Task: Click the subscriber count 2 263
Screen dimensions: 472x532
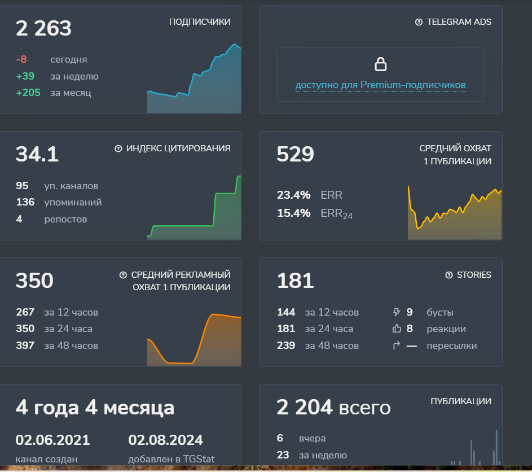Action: point(43,28)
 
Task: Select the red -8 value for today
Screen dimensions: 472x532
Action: point(21,59)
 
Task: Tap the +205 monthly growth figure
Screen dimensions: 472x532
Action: point(28,93)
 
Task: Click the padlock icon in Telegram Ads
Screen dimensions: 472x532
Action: point(381,64)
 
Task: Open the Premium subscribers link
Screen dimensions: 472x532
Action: point(380,85)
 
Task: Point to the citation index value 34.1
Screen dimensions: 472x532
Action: point(37,154)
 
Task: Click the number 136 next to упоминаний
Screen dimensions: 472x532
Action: point(25,202)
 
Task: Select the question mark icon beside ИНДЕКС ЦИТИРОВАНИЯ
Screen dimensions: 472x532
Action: point(118,148)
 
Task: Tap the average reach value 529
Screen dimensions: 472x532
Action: point(295,154)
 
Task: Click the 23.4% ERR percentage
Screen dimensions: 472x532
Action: point(293,195)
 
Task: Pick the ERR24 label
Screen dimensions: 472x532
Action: point(336,213)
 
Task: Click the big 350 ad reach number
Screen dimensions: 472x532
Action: point(34,281)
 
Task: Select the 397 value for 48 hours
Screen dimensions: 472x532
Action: point(25,346)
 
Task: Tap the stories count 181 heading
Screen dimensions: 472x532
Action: point(295,281)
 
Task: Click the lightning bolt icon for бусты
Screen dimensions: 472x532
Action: point(396,312)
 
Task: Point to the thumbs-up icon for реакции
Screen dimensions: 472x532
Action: point(396,329)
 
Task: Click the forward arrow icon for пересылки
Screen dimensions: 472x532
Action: point(396,346)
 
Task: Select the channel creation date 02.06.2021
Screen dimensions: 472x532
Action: point(52,440)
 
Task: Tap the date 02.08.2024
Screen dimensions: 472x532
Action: point(165,440)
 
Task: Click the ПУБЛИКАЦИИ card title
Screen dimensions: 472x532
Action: point(460,401)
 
